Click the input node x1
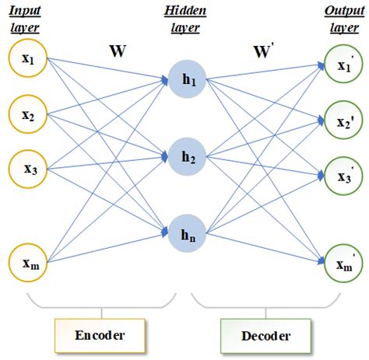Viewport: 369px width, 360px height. [28, 59]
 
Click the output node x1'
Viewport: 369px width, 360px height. [343, 65]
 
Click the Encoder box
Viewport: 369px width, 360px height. [99, 335]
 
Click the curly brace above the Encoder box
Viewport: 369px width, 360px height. [99, 304]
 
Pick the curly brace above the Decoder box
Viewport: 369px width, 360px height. [265, 304]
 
